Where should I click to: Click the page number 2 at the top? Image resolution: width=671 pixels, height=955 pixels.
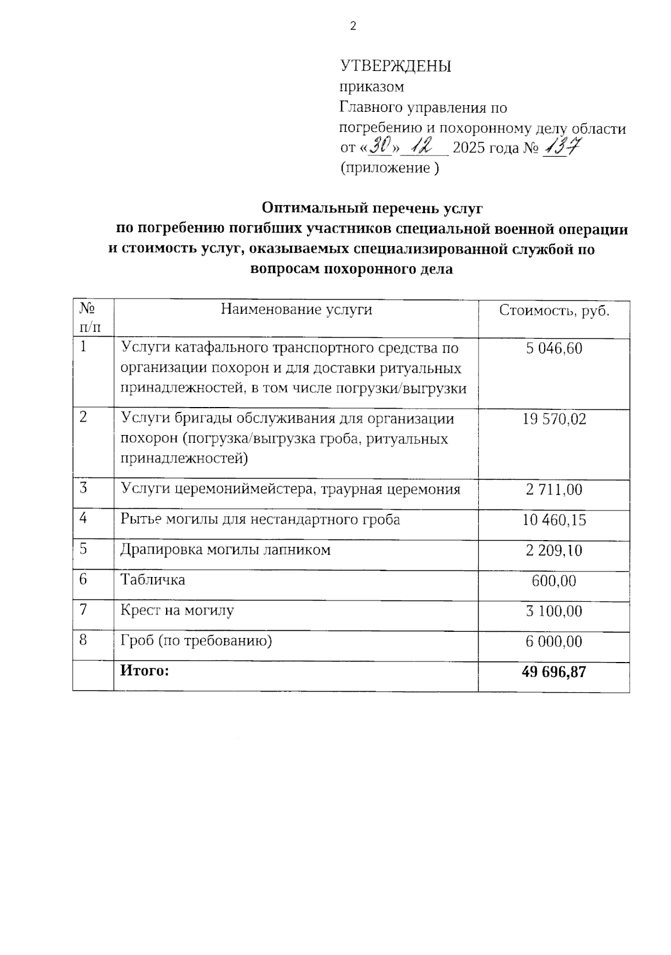coord(353,26)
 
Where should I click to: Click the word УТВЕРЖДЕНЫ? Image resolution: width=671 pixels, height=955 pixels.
coord(395,66)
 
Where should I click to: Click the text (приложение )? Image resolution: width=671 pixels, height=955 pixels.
coord(390,168)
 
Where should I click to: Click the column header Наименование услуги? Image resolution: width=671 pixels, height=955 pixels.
coord(296,309)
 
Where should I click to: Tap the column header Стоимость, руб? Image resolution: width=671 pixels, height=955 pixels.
coord(554,310)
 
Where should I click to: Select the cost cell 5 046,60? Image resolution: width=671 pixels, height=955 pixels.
coord(554,348)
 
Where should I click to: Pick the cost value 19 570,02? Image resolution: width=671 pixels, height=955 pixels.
coord(554,419)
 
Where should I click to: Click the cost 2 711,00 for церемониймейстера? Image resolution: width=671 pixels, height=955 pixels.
coord(554,490)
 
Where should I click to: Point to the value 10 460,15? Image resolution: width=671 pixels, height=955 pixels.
coord(554,520)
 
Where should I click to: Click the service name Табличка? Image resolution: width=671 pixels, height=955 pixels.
coord(153,580)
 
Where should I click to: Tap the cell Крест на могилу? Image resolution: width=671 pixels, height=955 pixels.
coord(177,610)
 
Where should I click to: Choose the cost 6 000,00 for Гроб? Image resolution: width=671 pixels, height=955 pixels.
coord(554,641)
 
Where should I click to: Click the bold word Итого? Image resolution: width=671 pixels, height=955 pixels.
coord(144,670)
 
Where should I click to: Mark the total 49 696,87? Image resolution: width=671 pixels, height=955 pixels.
coord(554,672)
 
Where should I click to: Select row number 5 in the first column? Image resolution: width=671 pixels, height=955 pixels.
coord(83,549)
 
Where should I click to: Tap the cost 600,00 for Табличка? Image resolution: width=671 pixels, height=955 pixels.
coord(554,581)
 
